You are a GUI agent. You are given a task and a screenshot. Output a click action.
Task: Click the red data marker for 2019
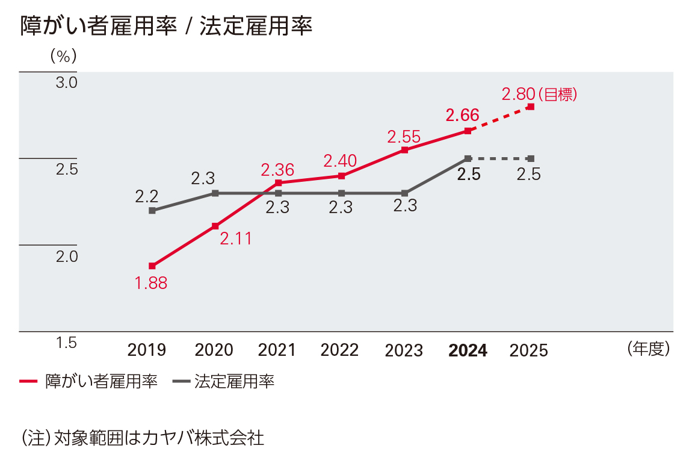tap(152, 266)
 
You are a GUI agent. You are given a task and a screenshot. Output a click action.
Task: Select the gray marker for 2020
tap(215, 193)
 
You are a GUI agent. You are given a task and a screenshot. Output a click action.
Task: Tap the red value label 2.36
tap(277, 170)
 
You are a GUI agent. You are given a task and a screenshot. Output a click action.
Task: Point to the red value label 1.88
tap(151, 283)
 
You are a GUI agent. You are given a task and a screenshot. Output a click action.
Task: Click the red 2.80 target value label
tap(518, 95)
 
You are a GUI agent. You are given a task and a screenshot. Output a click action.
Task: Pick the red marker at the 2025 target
tap(531, 107)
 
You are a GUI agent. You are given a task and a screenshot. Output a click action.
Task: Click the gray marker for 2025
tap(531, 158)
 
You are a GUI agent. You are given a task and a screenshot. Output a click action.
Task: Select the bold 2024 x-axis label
tap(468, 350)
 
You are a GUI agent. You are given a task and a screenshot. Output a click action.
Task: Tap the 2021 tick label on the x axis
tap(277, 350)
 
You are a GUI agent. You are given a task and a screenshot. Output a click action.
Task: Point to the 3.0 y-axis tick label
tap(67, 82)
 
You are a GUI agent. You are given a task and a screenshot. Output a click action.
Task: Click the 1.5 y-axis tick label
tap(67, 343)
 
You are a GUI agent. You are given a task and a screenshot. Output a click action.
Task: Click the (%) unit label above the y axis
tap(63, 56)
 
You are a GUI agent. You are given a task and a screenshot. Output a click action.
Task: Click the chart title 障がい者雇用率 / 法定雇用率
tap(166, 27)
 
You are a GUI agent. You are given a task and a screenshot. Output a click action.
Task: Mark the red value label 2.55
tap(404, 137)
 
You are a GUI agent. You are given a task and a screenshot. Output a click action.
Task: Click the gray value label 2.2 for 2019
tap(146, 196)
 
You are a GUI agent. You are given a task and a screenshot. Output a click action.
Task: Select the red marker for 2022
tap(341, 176)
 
